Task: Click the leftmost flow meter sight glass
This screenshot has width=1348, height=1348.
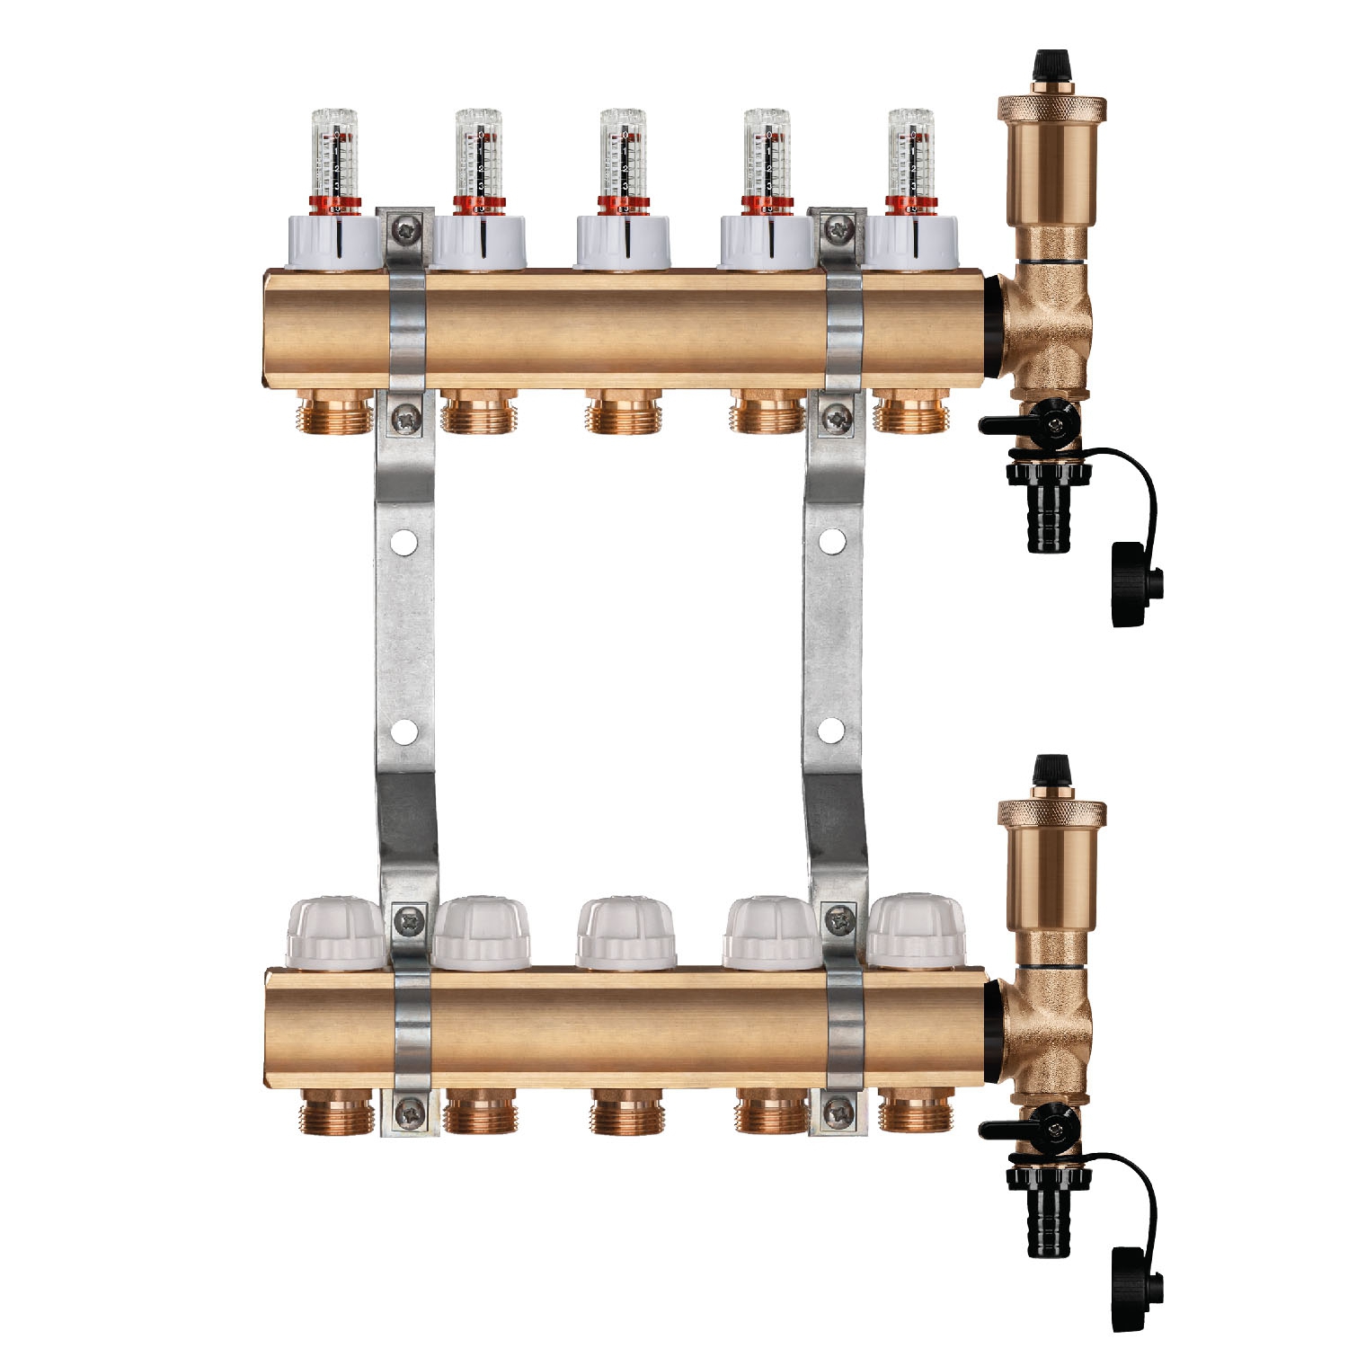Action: pos(334,157)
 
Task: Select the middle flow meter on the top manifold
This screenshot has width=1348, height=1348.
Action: pos(623,157)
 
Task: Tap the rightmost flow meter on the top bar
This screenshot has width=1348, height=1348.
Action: pos(910,157)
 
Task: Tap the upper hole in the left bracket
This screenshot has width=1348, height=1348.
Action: pos(404,542)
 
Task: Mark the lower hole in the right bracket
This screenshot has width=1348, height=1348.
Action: pos(832,730)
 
